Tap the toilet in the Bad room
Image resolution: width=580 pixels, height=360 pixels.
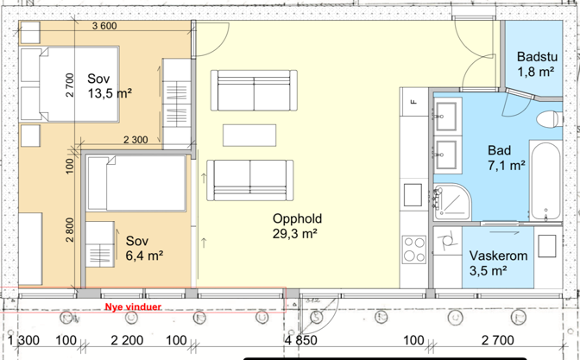click(549, 119)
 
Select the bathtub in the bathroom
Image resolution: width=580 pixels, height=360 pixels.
click(545, 180)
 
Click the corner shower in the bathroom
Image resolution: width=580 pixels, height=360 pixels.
click(451, 202)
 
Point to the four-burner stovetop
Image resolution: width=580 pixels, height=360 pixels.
click(414, 249)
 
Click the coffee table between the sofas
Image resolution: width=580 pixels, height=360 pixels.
click(249, 136)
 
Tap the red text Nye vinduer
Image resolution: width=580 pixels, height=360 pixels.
click(133, 307)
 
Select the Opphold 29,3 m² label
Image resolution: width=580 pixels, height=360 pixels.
click(297, 226)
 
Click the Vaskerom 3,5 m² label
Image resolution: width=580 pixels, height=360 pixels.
click(498, 263)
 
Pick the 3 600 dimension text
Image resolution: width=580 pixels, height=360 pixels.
click(104, 26)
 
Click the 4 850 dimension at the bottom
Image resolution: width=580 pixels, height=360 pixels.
click(300, 340)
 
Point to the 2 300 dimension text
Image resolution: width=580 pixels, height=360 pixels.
click(136, 140)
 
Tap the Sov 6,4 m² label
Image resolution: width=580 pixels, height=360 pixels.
click(144, 248)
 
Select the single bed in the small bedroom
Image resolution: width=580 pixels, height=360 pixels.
click(136, 183)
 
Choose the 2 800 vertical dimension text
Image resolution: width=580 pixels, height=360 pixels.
click(70, 230)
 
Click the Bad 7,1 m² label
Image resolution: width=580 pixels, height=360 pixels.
click(507, 158)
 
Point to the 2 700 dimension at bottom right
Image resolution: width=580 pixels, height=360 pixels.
click(497, 340)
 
